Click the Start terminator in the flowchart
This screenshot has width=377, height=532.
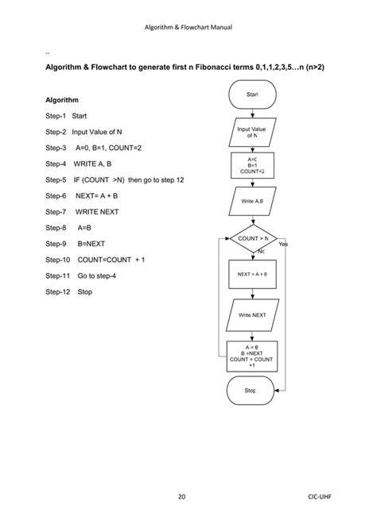click(253, 95)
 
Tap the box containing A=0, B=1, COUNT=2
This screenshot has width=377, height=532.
click(253, 165)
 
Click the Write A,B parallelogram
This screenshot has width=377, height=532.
click(253, 201)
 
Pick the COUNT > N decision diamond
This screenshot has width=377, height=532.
click(253, 238)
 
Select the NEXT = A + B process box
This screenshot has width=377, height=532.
click(253, 274)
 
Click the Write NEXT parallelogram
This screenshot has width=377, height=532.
click(253, 315)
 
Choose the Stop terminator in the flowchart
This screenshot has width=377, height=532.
click(251, 391)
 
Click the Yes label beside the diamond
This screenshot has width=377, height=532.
click(284, 245)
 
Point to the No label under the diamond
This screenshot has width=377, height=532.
click(261, 253)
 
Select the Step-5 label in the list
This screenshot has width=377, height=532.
click(56, 180)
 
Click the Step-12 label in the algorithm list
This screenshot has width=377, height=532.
click(58, 291)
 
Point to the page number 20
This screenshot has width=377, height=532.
click(181, 497)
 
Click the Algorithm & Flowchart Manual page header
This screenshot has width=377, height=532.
click(188, 28)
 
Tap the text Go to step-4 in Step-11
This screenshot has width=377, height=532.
click(99, 276)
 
